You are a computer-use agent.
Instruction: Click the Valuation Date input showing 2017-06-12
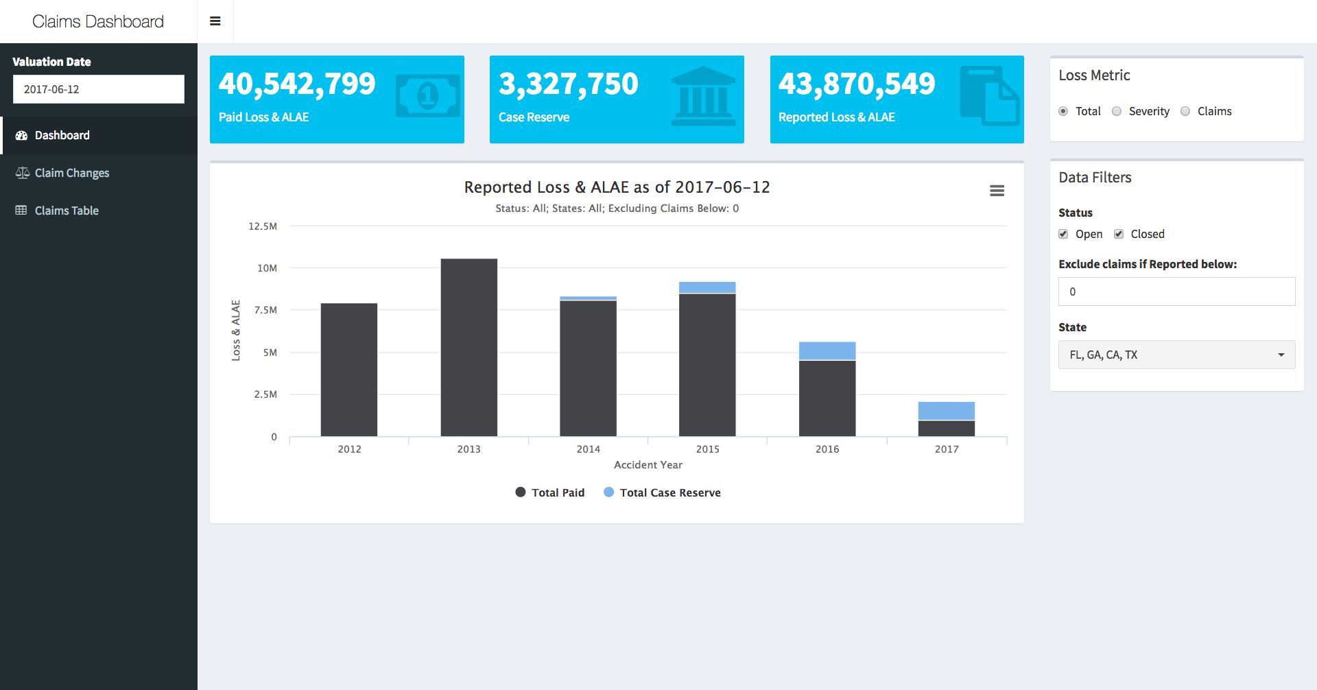pyautogui.click(x=98, y=89)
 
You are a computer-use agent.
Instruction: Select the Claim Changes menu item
pyautogui.click(x=71, y=173)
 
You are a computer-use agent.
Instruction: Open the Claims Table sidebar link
pyautogui.click(x=67, y=211)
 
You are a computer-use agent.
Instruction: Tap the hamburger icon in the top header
pyautogui.click(x=215, y=21)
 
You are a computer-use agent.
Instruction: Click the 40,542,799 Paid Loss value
pyautogui.click(x=296, y=84)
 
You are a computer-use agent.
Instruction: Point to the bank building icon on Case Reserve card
pyautogui.click(x=703, y=96)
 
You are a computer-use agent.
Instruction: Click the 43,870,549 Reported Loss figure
pyautogui.click(x=856, y=84)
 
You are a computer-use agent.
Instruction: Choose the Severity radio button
pyautogui.click(x=1117, y=111)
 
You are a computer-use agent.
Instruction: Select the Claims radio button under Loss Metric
pyautogui.click(x=1185, y=111)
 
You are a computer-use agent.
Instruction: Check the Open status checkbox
pyautogui.click(x=1063, y=234)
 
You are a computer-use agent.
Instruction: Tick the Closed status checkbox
pyautogui.click(x=1119, y=234)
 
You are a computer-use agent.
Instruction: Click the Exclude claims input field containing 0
pyautogui.click(x=1176, y=292)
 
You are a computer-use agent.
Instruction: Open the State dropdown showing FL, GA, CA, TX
pyautogui.click(x=1176, y=355)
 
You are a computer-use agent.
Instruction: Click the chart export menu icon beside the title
pyautogui.click(x=997, y=191)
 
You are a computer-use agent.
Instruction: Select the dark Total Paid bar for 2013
pyautogui.click(x=468, y=347)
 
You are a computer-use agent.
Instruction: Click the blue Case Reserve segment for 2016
pyautogui.click(x=827, y=350)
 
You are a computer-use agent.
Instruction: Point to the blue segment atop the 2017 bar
pyautogui.click(x=947, y=411)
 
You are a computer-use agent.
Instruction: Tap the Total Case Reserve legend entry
pyautogui.click(x=663, y=492)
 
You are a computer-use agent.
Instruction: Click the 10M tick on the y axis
pyautogui.click(x=267, y=268)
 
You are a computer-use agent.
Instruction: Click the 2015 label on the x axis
pyautogui.click(x=707, y=449)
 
